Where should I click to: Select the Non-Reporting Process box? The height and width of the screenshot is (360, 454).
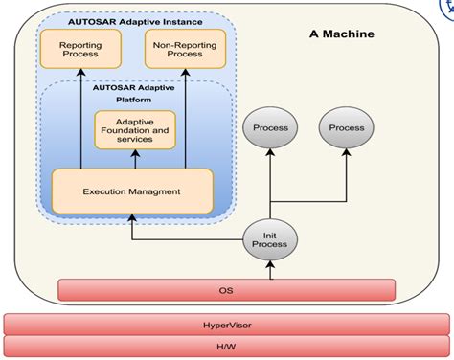(185, 49)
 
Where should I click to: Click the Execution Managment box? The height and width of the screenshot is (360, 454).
(132, 191)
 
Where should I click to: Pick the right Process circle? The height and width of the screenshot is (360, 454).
(346, 127)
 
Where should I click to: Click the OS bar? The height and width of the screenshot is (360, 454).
(227, 288)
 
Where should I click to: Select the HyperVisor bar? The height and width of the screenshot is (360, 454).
(227, 325)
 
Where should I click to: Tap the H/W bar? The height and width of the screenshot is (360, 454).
(227, 348)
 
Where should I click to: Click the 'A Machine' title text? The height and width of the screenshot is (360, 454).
(342, 34)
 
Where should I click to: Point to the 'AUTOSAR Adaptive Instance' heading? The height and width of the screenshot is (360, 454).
(135, 19)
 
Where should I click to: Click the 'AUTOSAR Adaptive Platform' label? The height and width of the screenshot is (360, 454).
(135, 91)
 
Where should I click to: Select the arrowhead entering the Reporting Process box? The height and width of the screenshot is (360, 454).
(80, 75)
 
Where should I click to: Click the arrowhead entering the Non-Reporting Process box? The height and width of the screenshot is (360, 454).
(185, 75)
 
